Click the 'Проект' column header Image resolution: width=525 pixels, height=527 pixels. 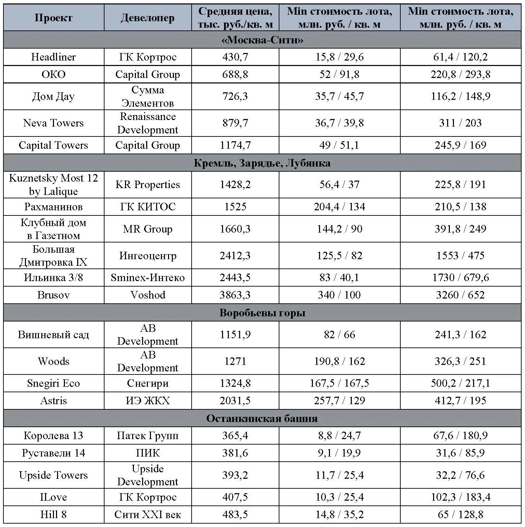(x=54, y=18)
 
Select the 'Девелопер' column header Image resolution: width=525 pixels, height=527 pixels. (x=148, y=18)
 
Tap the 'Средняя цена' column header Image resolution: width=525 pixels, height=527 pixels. (x=235, y=18)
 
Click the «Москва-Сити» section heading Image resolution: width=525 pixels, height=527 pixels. (x=262, y=40)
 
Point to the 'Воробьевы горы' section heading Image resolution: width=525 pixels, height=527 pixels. (x=262, y=313)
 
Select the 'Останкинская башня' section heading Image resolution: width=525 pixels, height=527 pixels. (x=262, y=418)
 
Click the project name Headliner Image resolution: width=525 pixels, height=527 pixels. (x=54, y=57)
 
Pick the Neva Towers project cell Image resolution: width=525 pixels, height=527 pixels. (x=54, y=123)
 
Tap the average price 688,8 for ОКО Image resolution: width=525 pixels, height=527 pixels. (x=235, y=74)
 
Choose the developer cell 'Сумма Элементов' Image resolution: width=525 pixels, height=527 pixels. (x=148, y=96)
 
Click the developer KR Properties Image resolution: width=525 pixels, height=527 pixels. (x=148, y=185)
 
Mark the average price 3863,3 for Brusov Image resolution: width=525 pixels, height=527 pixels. (x=235, y=295)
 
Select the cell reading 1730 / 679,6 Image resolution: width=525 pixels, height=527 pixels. (x=460, y=277)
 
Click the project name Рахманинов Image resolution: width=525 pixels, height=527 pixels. (x=54, y=207)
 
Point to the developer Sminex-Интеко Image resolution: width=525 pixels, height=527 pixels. (x=148, y=277)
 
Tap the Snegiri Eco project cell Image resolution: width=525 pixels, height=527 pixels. (x=54, y=383)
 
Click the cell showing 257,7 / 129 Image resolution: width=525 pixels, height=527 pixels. (x=340, y=400)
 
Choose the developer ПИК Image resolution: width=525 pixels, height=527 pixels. (x=148, y=453)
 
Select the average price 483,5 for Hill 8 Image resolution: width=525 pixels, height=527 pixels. (x=235, y=514)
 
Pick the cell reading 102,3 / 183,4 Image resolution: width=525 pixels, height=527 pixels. (x=460, y=497)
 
